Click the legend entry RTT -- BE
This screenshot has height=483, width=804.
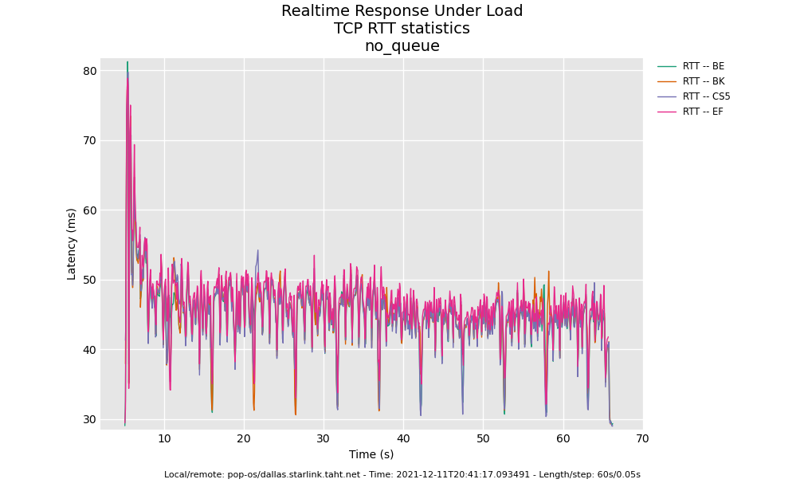[703, 66]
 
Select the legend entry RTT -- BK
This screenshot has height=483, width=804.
[703, 81]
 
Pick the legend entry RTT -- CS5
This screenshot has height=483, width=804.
[706, 96]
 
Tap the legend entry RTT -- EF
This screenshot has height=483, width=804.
[703, 112]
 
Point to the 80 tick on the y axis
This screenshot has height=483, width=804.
[89, 71]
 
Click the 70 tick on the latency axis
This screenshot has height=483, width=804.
[89, 140]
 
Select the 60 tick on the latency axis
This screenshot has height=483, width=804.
[89, 210]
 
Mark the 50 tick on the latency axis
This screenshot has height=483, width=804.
[89, 280]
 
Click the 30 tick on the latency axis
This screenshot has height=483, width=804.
[89, 419]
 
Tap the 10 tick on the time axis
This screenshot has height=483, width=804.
[164, 439]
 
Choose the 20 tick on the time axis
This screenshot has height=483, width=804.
[244, 439]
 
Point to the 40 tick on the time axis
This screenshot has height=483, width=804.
[403, 439]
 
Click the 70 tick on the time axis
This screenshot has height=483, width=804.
[642, 439]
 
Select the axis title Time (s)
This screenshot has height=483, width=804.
[371, 455]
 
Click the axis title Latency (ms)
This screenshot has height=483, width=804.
[72, 244]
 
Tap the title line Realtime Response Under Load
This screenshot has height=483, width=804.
[402, 11]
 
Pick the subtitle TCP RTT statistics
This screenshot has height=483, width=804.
[402, 29]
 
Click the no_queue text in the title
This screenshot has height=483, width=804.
[402, 46]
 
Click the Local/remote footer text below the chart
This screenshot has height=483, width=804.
[402, 475]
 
